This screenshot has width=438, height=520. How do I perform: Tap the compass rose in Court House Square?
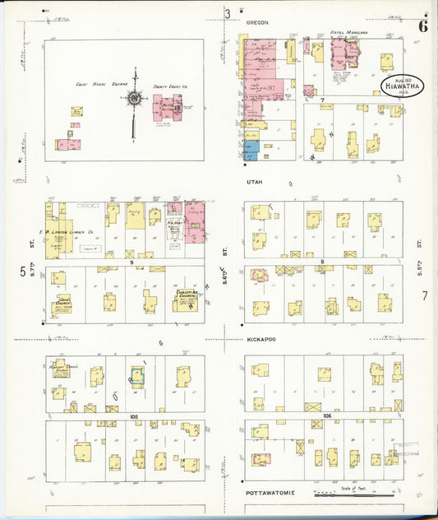(134, 98)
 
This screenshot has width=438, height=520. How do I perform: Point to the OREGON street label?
(256, 23)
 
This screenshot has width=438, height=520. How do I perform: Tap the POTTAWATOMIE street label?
(270, 492)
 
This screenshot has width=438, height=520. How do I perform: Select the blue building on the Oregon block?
(251, 151)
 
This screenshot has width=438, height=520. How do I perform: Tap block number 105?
(133, 417)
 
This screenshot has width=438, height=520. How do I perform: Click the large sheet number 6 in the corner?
(422, 25)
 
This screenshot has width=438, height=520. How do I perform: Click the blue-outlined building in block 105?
(137, 377)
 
